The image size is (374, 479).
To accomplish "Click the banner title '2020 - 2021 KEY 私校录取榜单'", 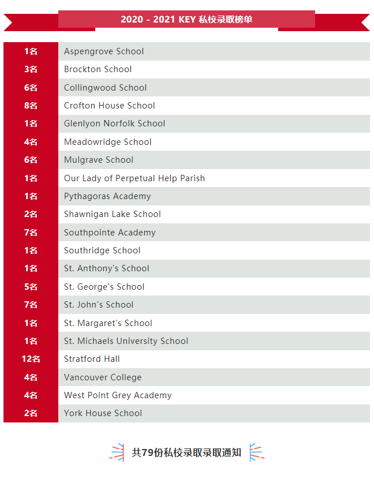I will point(186,20).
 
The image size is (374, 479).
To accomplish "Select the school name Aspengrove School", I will point(104,51).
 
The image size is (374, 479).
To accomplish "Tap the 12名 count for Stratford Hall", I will point(31,359).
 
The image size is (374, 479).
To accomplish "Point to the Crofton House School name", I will point(109,106).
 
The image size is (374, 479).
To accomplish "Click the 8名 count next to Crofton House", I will point(31,106).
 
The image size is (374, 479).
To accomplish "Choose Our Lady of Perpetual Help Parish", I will point(134,178).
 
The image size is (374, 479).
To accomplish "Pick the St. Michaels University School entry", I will point(126,341).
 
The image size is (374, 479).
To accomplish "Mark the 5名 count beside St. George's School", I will point(31,287).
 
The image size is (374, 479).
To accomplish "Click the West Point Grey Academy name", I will point(118,395).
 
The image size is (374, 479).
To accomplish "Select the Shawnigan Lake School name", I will point(112,214).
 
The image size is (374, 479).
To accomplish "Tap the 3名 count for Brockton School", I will point(31,69).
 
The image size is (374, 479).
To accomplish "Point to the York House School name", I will point(103,413).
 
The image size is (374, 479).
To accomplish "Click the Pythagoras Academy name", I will point(107,196).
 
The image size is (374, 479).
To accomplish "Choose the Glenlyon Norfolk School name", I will point(114,124).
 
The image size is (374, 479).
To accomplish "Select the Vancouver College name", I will point(102,377).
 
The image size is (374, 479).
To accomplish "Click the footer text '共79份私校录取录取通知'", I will point(186,452).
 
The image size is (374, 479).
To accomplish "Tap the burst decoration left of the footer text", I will point(117,452).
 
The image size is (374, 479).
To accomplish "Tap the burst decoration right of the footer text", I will point(256,452).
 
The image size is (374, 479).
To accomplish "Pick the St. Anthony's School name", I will point(106,268).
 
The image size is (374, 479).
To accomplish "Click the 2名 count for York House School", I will point(31,413).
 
